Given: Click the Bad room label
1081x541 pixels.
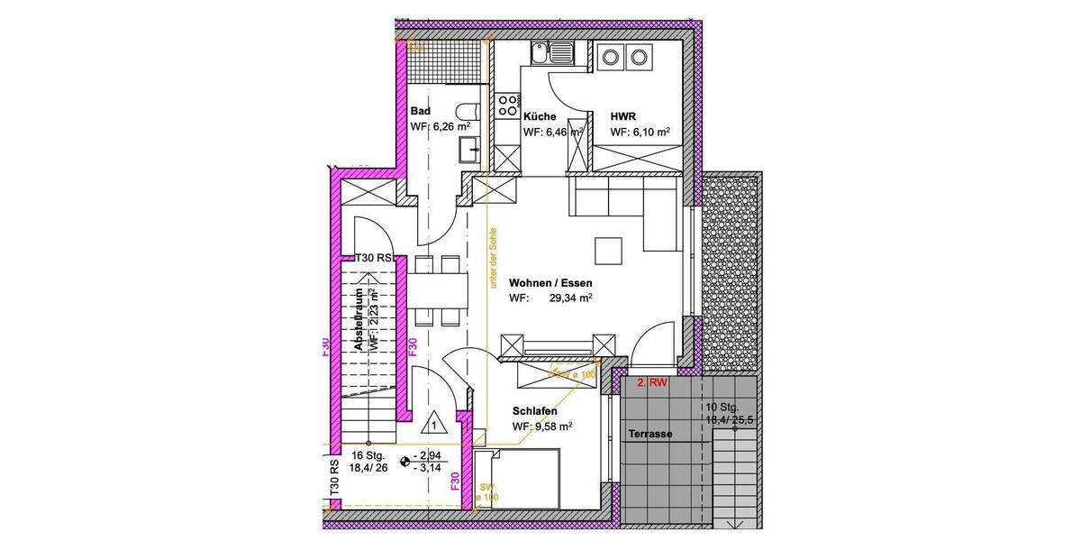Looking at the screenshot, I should [420, 111].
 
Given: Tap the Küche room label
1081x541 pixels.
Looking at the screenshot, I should [539, 116].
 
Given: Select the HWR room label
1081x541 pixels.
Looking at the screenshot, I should [624, 116].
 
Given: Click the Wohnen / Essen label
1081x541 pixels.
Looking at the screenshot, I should [550, 282].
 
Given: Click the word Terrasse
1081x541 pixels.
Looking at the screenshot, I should [650, 434].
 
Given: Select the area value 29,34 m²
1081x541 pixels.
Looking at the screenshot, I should [570, 298].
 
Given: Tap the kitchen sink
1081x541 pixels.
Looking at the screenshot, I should [550, 56].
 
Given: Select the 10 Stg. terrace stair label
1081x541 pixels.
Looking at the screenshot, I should [722, 407].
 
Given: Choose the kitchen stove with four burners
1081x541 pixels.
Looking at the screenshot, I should [508, 103].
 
